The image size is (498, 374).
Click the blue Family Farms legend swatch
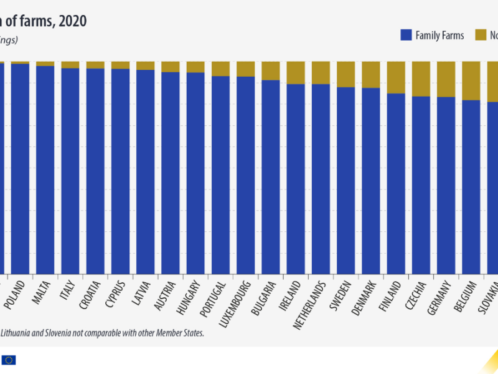(x=406, y=36)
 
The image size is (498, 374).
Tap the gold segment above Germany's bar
(x=446, y=79)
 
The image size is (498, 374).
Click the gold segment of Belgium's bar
(x=471, y=80)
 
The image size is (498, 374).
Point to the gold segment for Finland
(x=396, y=77)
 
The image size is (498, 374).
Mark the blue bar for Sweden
(x=345, y=181)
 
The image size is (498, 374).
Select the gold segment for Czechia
(x=421, y=79)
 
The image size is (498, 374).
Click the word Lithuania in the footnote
(x=18, y=333)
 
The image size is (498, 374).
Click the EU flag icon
(x=9, y=360)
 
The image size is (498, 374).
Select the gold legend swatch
(x=481, y=36)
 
